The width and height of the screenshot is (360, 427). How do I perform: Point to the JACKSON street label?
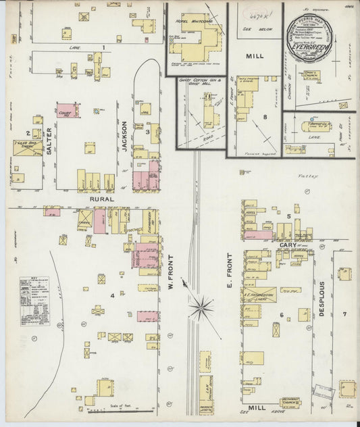pyautogui.click(x=124, y=135)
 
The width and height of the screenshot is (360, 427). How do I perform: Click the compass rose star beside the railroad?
pyautogui.click(x=201, y=309)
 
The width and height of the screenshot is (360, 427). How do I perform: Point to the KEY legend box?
pyautogui.click(x=34, y=300)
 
